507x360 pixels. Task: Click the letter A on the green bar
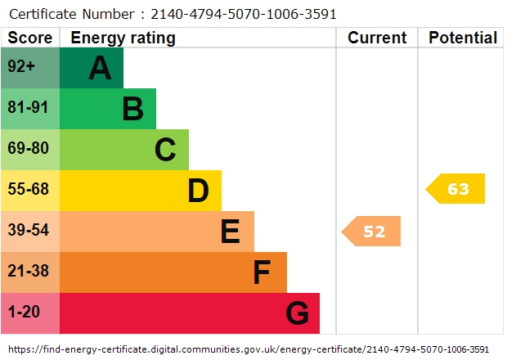100,68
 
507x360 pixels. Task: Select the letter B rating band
132,109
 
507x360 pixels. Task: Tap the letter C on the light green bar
165,150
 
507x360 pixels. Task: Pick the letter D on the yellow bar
198,191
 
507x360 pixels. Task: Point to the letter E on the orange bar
231,232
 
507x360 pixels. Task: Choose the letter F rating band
262,272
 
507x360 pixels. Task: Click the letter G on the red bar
297,313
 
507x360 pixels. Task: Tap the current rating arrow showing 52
372,232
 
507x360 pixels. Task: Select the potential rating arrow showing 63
456,189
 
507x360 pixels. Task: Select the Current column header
377,38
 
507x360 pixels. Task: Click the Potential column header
463,38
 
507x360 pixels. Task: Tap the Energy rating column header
123,38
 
